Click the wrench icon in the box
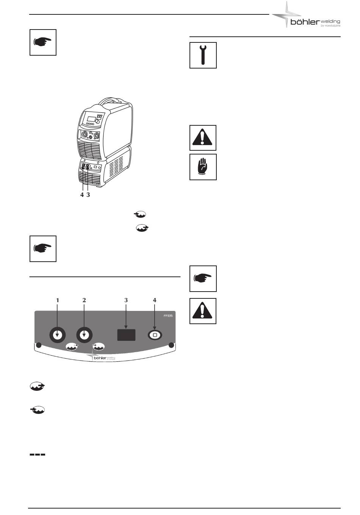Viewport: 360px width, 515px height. (x=203, y=55)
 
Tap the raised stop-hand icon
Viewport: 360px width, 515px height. (x=203, y=167)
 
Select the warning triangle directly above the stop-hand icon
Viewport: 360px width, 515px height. (x=203, y=138)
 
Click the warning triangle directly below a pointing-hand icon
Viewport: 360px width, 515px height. (x=203, y=311)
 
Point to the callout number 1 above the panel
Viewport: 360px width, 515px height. (x=58, y=300)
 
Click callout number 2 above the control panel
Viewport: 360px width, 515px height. (x=84, y=300)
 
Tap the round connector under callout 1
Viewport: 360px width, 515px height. (x=58, y=335)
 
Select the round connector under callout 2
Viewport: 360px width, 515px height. (x=84, y=335)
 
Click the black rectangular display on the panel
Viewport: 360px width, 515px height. (x=126, y=335)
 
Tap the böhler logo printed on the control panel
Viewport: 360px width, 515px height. (x=102, y=357)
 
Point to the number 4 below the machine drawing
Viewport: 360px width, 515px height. (x=82, y=195)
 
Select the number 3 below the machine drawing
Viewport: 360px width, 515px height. (x=88, y=195)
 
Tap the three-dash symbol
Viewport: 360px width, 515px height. (x=38, y=454)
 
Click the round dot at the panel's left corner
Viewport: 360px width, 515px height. (x=38, y=345)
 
